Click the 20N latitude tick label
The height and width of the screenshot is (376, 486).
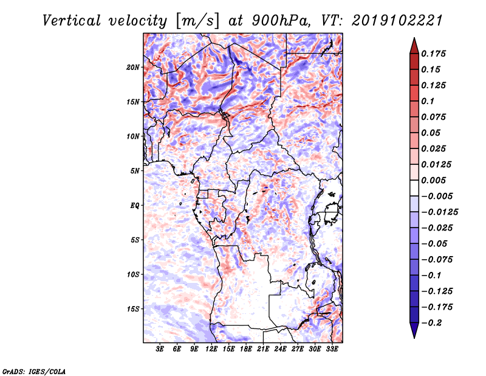133,67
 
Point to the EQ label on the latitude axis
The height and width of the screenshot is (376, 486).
135,206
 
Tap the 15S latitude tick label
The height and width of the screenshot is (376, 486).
133,309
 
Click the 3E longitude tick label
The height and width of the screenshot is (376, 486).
160,349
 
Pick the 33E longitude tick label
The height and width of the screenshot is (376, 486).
332,349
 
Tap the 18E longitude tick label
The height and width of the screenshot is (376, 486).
246,349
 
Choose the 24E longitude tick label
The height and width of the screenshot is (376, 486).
280,349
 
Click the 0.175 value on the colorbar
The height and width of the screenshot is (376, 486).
434,54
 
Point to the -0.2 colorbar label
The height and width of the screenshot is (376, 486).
433,322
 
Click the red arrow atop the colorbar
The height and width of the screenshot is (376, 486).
413,44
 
